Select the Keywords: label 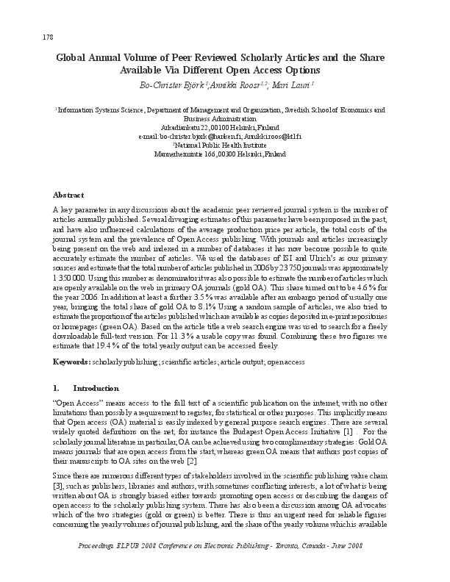(71, 363)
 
